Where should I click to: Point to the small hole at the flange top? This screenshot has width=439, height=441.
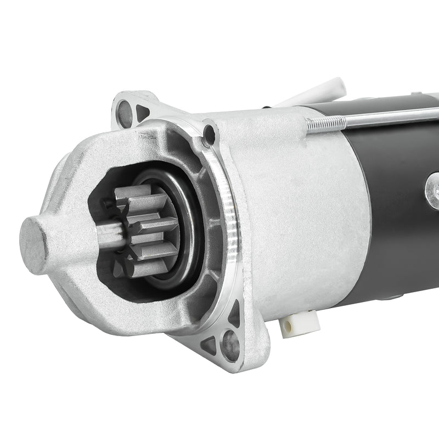[209, 133]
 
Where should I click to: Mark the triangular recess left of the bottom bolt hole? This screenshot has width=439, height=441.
[209, 345]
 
